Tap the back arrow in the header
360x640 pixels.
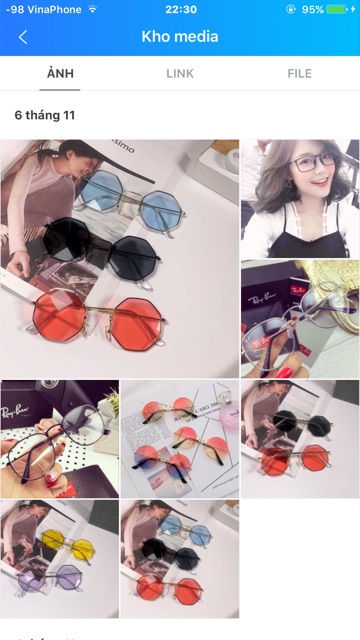23,37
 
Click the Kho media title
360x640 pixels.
180,37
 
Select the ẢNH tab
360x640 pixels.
60,73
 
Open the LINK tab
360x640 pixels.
180,73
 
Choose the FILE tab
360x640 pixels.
299,73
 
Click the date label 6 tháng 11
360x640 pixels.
45,116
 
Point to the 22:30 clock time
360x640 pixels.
180,9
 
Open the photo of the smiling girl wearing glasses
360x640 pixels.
300,198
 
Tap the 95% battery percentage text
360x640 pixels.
313,9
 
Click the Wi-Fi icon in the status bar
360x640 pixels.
93,9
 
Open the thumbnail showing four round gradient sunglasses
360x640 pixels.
180,438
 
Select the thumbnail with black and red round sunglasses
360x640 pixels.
300,438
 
